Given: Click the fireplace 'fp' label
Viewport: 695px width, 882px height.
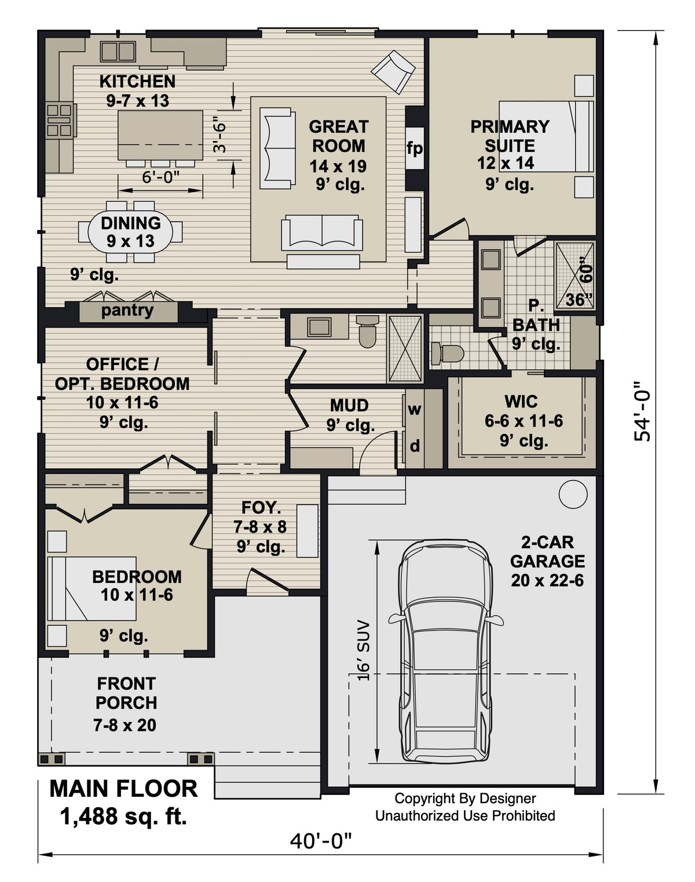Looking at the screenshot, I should click(414, 148).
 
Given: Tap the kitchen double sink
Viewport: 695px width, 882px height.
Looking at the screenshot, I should click(118, 51).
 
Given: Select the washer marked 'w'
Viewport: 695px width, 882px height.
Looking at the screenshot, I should click(415, 409).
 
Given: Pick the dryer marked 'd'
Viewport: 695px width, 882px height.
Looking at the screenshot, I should click(415, 446).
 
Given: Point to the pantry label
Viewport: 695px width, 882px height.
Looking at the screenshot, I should click(127, 311).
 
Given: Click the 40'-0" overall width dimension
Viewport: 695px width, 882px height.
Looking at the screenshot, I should click(321, 840).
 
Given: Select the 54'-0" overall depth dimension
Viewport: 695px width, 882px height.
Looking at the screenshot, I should click(642, 411).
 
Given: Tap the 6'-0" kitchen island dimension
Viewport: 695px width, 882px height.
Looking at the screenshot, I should click(160, 177).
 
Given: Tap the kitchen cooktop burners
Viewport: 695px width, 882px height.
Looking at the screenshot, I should click(60, 121).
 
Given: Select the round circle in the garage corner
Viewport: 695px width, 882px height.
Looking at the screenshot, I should click(573, 494).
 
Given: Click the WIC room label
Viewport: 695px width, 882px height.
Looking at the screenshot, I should click(521, 401).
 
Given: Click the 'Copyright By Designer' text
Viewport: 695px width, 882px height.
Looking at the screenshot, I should click(465, 799).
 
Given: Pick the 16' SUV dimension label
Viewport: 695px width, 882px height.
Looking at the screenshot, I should click(363, 650).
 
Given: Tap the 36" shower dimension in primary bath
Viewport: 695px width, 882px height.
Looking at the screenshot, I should click(579, 300).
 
